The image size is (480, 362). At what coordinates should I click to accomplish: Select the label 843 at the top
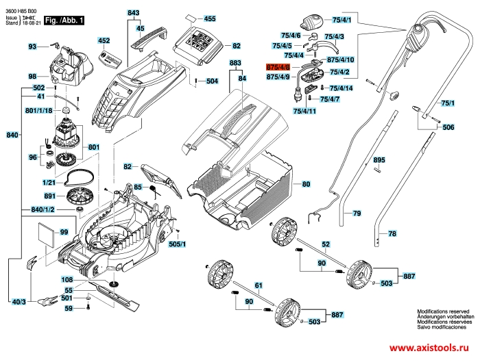[x=133, y=13]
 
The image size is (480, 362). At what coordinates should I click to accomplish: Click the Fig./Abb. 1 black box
[x=63, y=22]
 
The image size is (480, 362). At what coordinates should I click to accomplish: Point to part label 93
[x=32, y=47]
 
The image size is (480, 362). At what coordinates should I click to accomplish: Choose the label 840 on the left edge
[x=12, y=135]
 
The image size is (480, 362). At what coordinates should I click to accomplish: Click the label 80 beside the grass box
[x=306, y=184]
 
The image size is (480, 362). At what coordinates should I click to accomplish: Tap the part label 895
[x=379, y=160]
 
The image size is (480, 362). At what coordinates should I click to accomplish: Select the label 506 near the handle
[x=448, y=128]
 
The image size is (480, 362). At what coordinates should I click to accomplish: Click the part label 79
[x=357, y=214]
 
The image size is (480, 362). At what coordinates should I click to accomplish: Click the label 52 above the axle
[x=326, y=244]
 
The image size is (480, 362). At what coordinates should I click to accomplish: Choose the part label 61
[x=259, y=285]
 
